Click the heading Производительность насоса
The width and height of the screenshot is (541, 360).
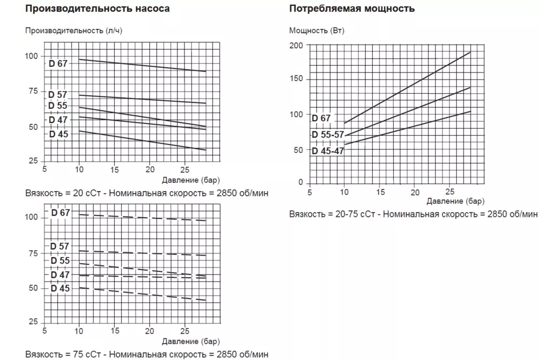tap(97, 9)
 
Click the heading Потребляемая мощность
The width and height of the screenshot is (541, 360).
tap(352, 9)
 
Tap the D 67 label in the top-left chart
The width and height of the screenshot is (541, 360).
tap(58, 63)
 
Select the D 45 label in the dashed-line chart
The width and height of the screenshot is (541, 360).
tap(60, 288)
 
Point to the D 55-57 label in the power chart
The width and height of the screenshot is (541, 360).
tap(328, 134)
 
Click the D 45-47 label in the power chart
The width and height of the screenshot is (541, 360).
tap(328, 150)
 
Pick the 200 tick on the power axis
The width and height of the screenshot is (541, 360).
tap(297, 45)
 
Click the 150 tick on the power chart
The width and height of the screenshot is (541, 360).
tap(297, 80)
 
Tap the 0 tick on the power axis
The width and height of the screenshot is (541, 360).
tap(301, 182)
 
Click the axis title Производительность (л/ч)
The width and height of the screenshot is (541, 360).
tap(74, 30)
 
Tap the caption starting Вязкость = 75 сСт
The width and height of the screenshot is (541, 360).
tap(147, 354)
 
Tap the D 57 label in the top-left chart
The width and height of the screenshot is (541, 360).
tap(58, 95)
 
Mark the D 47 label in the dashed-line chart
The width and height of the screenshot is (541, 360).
tap(60, 274)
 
